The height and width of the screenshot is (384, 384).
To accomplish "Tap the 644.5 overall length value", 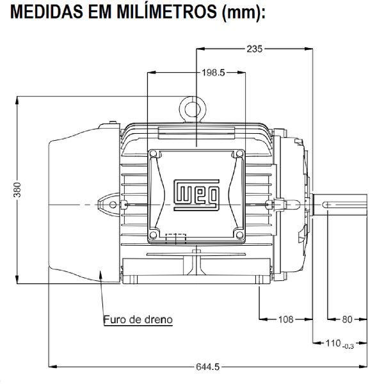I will coord(207,367).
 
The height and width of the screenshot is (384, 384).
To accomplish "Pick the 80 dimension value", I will coord(348,318).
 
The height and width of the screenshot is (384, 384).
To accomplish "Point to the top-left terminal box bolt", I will coord(154,154).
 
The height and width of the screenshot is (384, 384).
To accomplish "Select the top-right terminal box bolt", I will coord(238,154).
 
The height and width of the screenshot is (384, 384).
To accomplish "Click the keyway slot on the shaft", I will coord(342,204).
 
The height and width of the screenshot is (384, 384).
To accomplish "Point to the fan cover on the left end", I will coord(77,205).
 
